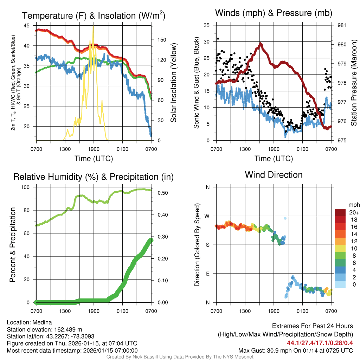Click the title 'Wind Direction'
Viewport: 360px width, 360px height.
274,175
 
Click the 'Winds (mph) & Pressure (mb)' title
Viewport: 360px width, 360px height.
274,13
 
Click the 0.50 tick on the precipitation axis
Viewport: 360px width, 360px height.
160,193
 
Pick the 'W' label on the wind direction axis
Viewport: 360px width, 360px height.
207,216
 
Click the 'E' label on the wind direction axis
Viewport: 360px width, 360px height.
207,274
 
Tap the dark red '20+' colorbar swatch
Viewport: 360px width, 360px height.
340,212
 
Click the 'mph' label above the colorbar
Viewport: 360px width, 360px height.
353,205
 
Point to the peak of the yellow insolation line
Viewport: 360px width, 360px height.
93,26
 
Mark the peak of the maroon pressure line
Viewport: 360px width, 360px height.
261,44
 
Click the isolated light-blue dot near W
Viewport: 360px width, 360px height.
285,218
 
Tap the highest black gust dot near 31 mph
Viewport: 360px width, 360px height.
218,39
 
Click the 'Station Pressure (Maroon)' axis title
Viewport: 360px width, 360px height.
354,83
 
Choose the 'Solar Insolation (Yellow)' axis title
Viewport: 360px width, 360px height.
173,83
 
